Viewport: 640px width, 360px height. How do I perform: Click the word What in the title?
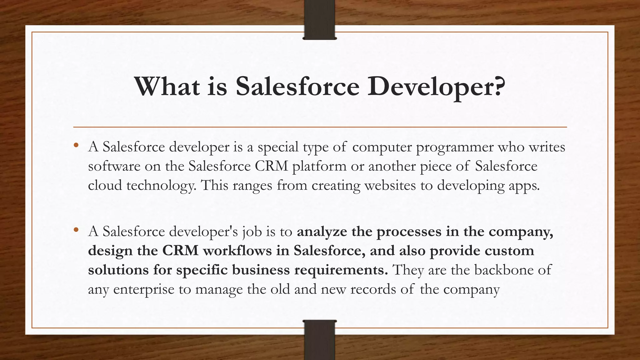coord(167,87)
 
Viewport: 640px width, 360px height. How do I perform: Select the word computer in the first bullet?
coord(382,147)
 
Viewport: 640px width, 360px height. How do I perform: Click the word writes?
coord(547,147)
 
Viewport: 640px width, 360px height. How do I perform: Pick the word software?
coord(114,166)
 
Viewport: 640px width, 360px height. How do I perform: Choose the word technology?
coord(161,186)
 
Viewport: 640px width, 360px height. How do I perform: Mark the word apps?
coord(524,186)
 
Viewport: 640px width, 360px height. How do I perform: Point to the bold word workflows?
coord(237,251)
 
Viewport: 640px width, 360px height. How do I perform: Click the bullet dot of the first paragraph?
coord(76,145)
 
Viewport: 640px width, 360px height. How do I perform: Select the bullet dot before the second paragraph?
coord(76,230)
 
